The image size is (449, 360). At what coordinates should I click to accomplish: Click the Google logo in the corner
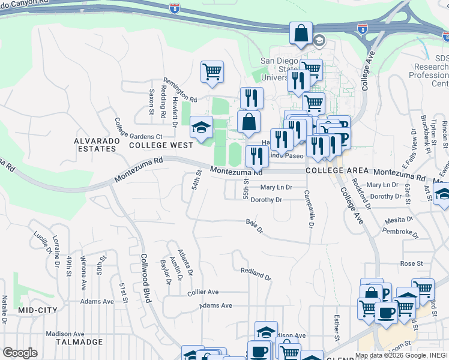point(20,353)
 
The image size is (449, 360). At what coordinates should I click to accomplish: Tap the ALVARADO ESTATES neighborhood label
point(95,144)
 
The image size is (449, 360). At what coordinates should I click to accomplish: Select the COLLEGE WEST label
point(161,145)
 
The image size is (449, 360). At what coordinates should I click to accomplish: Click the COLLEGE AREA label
point(334,171)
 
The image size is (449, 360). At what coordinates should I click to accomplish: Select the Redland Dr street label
point(256,273)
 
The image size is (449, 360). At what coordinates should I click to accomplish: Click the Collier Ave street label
point(203,292)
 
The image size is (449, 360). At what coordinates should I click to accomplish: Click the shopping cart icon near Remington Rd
point(212,72)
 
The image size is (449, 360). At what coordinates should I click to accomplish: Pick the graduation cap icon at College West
point(202,127)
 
